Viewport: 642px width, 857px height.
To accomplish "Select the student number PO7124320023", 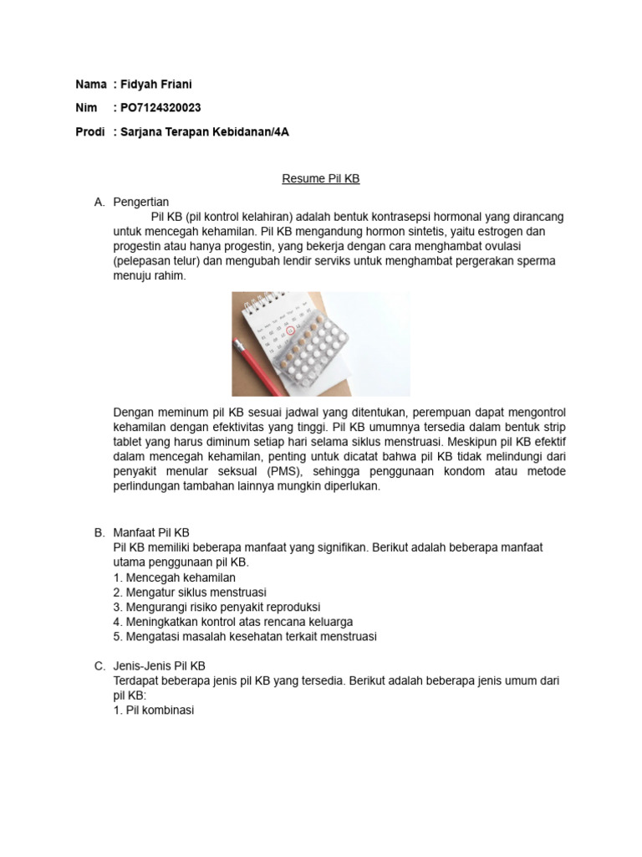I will click(x=161, y=108).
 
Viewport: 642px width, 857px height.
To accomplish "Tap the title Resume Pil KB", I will click(x=320, y=178).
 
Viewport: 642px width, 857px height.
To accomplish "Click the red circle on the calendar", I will click(x=290, y=331).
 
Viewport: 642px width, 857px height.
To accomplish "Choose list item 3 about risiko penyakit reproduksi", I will click(x=217, y=607).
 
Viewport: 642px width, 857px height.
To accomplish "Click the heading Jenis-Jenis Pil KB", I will click(x=158, y=666).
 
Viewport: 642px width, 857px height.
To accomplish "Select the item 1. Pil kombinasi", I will click(x=153, y=711).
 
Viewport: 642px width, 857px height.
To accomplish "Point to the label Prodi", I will click(x=90, y=131).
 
